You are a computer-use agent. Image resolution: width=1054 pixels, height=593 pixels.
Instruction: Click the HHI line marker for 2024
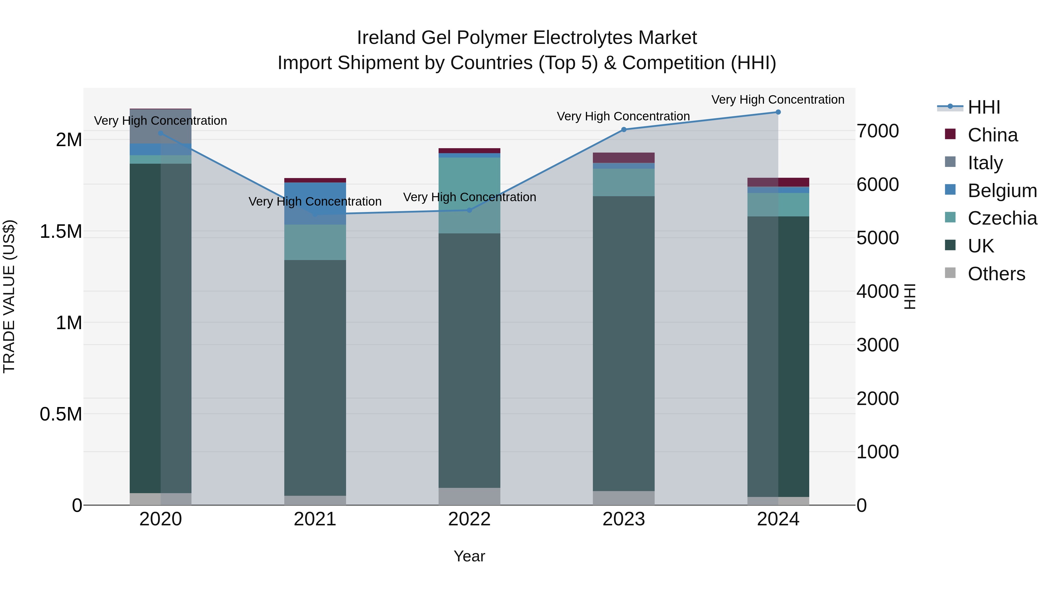(778, 112)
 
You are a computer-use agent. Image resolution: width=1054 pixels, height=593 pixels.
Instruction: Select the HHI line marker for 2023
(624, 130)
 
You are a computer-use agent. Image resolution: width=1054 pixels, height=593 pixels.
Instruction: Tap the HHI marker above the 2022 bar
(469, 210)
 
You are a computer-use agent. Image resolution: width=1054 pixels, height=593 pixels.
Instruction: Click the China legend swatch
(950, 134)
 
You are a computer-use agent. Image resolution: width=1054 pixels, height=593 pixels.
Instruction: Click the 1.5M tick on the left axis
(61, 232)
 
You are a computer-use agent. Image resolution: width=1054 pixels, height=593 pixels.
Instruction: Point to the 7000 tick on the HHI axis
(878, 131)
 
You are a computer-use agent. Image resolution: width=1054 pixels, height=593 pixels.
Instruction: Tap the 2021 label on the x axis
(315, 519)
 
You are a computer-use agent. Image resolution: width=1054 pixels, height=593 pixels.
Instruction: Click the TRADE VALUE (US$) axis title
(9, 297)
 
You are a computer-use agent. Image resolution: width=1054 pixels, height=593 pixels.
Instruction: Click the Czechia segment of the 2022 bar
(469, 196)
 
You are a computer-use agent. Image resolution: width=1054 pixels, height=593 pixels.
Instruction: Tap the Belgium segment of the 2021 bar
(315, 204)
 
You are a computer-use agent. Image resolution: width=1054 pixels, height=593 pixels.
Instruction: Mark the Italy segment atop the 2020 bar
(160, 126)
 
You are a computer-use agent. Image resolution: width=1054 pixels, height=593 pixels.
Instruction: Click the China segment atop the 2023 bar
(624, 158)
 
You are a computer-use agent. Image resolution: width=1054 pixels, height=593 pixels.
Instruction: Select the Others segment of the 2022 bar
(469, 496)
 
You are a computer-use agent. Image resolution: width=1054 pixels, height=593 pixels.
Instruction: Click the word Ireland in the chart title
(386, 38)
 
